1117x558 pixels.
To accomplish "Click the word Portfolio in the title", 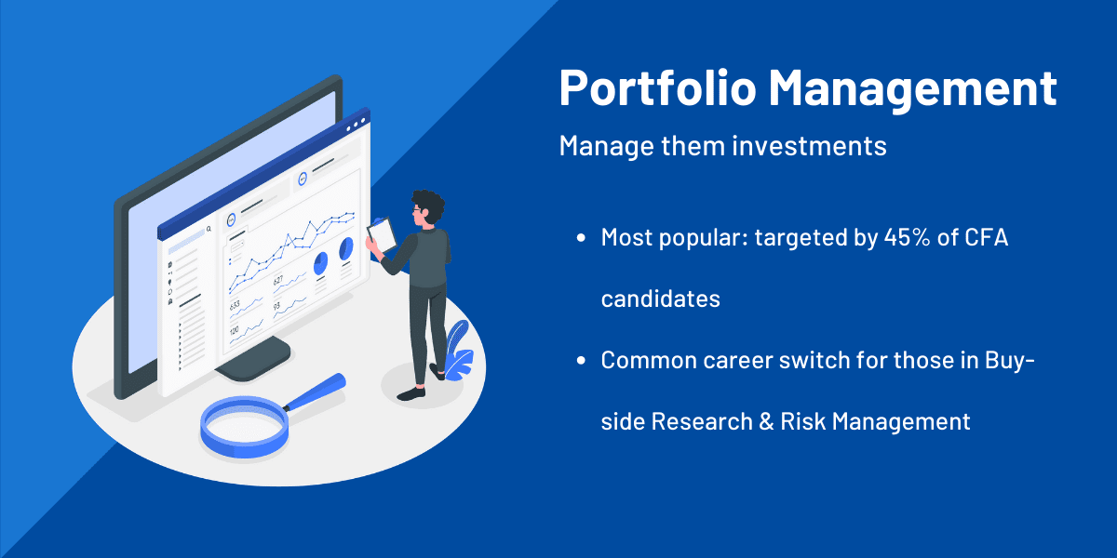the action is pos(658,87).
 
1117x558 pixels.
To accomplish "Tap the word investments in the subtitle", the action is pos(809,146).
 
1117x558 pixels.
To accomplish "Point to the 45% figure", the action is pos(907,237).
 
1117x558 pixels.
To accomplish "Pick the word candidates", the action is pos(661,299).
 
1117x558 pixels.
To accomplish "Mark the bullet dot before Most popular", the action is pos(581,238).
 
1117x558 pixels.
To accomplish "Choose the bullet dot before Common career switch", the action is pos(581,361).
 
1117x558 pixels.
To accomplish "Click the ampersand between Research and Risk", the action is pos(766,421).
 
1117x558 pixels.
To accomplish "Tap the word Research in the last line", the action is pos(702,421).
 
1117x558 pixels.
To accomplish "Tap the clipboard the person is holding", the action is pos(382,235).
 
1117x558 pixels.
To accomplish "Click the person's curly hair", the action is pos(429,205).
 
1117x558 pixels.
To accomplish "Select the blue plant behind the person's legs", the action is pos(458,351).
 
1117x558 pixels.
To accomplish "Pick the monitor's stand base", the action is pos(255,360).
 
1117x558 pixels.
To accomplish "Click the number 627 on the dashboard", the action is pos(278,280).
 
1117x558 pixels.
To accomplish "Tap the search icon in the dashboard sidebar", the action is pos(209,229).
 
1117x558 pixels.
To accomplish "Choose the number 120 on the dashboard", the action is pos(234,330).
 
